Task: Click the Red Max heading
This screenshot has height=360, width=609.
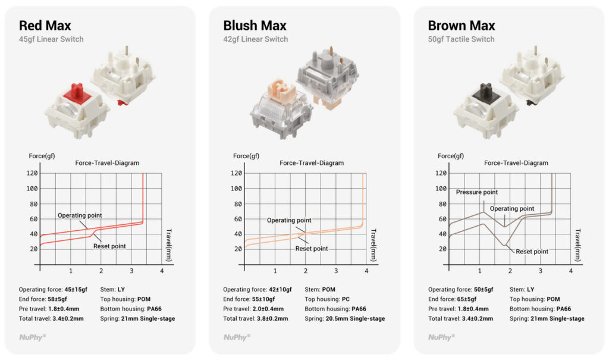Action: tap(45, 26)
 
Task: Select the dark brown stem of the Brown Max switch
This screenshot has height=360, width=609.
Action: tap(485, 92)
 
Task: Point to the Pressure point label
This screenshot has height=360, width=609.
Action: tap(476, 192)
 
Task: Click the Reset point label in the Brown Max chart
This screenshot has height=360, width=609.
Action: tap(532, 252)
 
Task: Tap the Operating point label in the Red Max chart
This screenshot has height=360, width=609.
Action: tap(80, 215)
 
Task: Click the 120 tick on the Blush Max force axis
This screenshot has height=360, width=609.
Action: tap(236, 173)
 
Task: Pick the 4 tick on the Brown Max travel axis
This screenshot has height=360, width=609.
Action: tap(570, 271)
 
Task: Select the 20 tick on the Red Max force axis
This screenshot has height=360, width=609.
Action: tap(34, 249)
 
